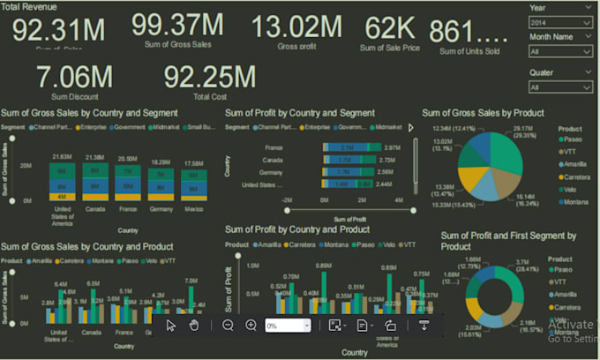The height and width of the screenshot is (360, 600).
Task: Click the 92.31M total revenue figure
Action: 58,30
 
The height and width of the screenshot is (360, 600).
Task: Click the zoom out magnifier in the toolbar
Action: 228,326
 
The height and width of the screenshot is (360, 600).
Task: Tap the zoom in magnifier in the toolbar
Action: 251,326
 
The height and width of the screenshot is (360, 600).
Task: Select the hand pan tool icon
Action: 193,326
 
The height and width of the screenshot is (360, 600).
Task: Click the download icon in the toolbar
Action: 424,326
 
